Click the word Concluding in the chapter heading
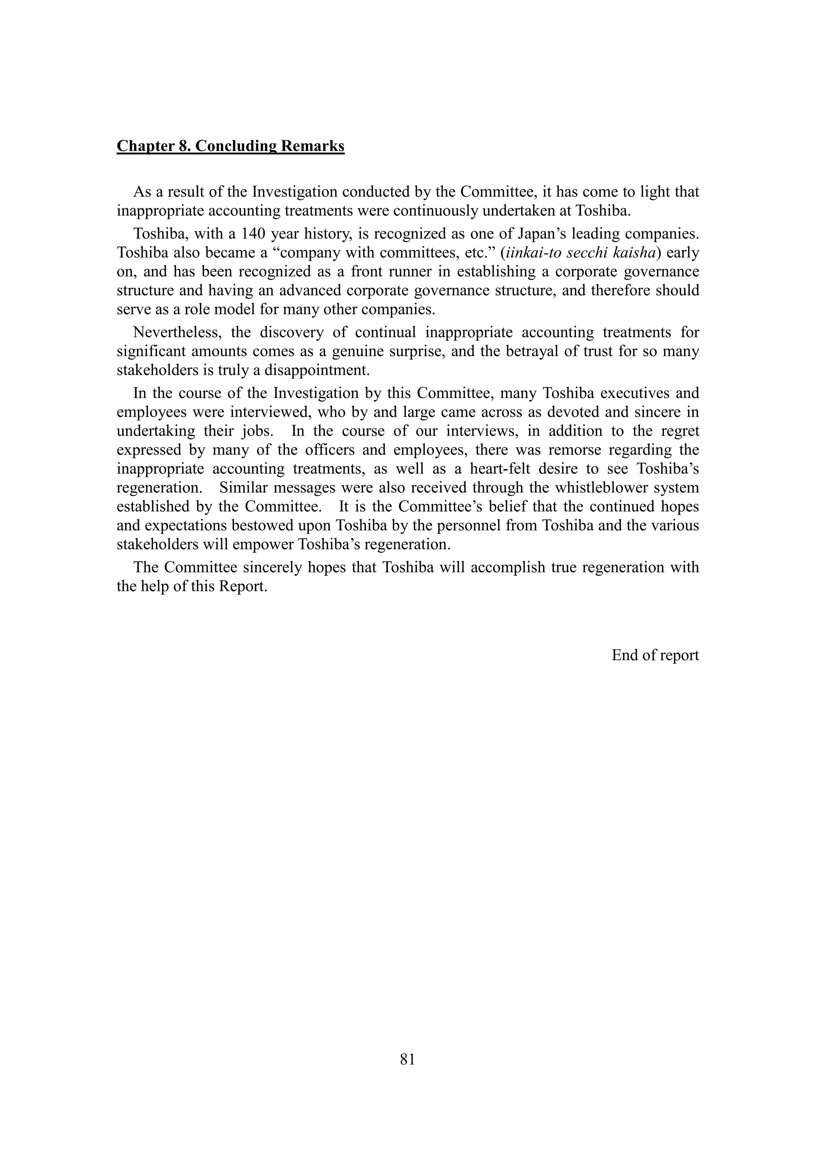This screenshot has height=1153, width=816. tap(235, 146)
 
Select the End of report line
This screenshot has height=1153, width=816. tap(655, 655)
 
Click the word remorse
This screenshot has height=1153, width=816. tap(563, 449)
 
